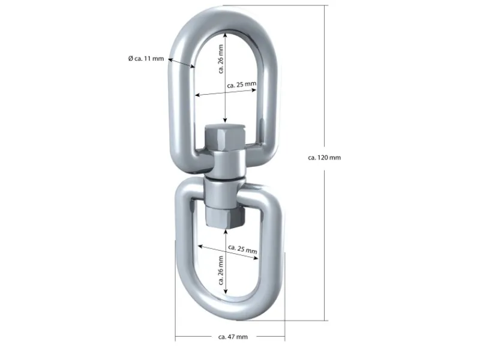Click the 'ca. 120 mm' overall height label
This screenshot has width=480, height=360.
[324, 157]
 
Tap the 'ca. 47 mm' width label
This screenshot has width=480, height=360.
[233, 337]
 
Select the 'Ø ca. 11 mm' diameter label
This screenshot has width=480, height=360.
[146, 58]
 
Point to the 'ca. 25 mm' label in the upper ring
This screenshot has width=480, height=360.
[242, 85]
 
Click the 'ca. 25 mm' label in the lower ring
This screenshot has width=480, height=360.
[242, 248]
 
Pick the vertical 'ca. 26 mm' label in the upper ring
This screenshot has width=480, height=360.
[221, 59]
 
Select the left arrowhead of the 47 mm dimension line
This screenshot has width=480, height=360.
[178, 337]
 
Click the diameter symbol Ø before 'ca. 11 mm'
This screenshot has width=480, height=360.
[130, 58]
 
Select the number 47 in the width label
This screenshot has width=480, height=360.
[232, 337]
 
